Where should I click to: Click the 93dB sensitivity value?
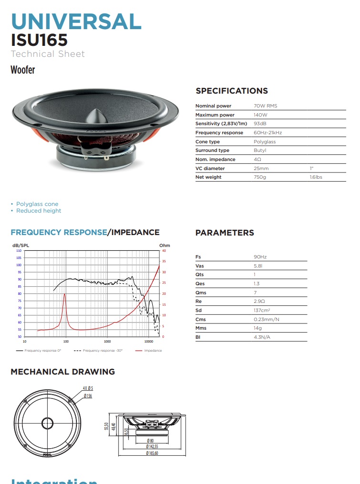click(x=260, y=124)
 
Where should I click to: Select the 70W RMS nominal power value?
click(x=265, y=106)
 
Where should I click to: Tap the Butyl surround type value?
click(x=260, y=151)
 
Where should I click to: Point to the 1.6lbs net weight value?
click(x=316, y=177)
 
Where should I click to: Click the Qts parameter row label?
click(x=200, y=275)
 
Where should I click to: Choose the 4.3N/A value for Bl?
click(x=262, y=337)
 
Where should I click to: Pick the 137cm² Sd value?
click(x=262, y=311)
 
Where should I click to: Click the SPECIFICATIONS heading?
click(x=232, y=91)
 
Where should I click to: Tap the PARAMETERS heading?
click(x=224, y=233)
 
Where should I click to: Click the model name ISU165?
click(x=39, y=39)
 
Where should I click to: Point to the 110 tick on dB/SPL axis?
click(x=19, y=250)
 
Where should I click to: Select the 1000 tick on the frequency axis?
click(x=107, y=342)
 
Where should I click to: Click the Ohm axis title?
click(x=164, y=246)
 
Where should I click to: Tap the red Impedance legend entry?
click(x=152, y=351)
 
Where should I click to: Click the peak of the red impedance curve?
click(x=65, y=294)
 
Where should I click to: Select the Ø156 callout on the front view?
click(x=88, y=396)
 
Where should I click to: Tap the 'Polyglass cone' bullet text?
click(x=37, y=204)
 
